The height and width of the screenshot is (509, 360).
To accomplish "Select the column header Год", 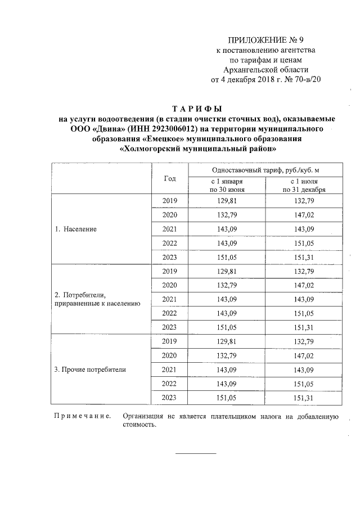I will click(x=169, y=178).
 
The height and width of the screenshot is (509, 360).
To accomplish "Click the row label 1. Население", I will click(x=75, y=229).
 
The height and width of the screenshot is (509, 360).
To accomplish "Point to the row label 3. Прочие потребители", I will click(x=90, y=370).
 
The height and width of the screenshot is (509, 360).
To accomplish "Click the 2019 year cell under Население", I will click(x=169, y=201).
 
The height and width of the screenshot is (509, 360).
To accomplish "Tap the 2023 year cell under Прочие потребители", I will click(x=169, y=398).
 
